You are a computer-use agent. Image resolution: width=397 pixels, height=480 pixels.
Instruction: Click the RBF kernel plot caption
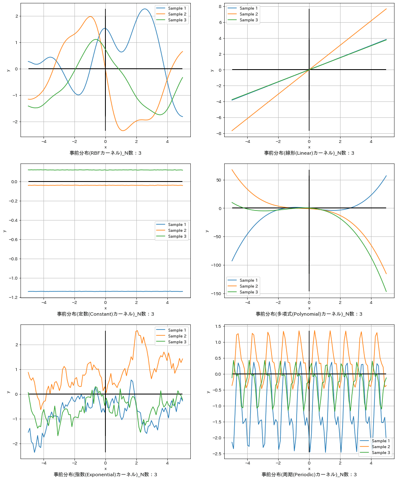105,153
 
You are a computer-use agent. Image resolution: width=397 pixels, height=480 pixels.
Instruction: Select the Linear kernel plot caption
309,153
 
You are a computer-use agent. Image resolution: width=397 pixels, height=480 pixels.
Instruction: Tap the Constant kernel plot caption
105,314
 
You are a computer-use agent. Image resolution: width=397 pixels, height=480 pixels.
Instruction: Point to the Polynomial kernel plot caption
309,314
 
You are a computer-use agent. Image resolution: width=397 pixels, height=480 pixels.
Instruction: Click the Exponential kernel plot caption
105,475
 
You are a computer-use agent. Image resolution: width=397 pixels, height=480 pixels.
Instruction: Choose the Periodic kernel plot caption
309,475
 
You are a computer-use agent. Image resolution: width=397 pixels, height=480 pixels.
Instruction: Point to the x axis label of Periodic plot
309,469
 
